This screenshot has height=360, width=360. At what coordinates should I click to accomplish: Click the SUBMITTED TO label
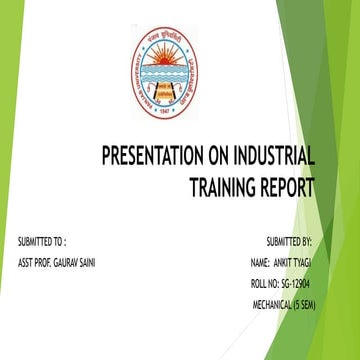43,241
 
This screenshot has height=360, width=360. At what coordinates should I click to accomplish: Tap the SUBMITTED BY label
289,241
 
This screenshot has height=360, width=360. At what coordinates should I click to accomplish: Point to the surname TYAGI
311,262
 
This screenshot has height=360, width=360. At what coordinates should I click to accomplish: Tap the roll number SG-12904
296,284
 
